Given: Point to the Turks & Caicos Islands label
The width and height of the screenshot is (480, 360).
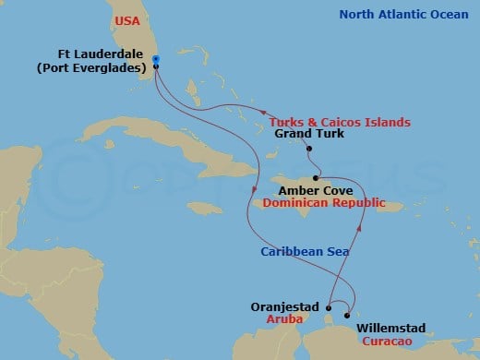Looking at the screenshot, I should [340, 122].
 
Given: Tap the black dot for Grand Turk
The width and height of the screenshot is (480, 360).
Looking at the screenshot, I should [309, 149].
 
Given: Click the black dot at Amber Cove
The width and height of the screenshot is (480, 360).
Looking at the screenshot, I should [317, 178].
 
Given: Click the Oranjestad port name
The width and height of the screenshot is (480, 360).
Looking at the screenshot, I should [283, 306].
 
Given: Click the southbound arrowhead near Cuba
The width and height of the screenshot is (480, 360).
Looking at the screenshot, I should [254, 192].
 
